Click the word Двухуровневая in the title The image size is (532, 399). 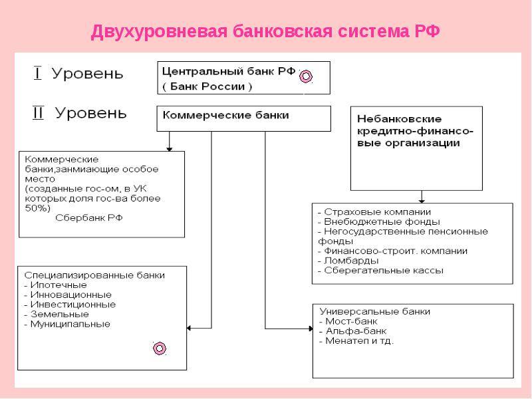pyautogui.click(x=159, y=32)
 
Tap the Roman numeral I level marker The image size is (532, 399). pyautogui.click(x=37, y=73)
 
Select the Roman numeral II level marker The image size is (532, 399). pyautogui.click(x=38, y=112)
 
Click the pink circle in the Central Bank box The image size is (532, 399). pyautogui.click(x=306, y=76)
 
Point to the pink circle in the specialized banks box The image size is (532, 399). pyautogui.click(x=160, y=348)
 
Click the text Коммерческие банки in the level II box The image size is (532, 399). pyautogui.click(x=225, y=115)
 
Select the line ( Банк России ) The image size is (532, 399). pyautogui.click(x=207, y=86)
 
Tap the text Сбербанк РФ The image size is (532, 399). pyautogui.click(x=89, y=218)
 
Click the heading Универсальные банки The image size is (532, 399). pyautogui.click(x=375, y=311)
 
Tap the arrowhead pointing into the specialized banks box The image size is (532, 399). pyautogui.click(x=189, y=328)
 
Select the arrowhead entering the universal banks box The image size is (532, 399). pyautogui.click(x=311, y=329)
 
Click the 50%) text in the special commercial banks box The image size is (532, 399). pyautogui.click(x=37, y=208)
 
